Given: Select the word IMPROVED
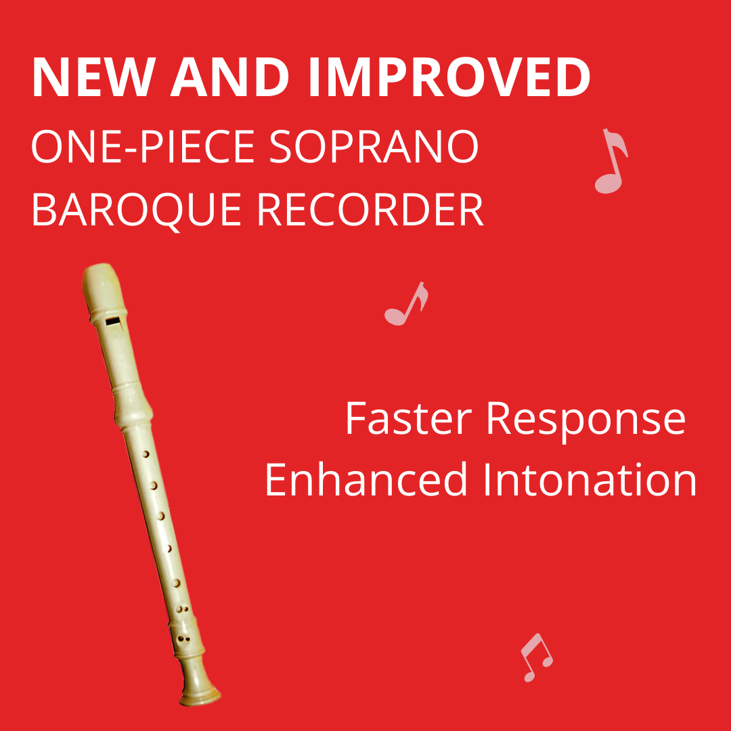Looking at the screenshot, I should click(x=449, y=79).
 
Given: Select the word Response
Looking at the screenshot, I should click(x=586, y=420).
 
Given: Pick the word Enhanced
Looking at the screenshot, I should click(x=366, y=479).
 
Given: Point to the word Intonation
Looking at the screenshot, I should click(x=588, y=479).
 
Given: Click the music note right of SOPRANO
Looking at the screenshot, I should click(x=611, y=162).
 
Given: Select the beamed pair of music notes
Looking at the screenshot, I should click(x=535, y=657).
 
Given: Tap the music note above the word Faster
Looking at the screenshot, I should click(x=405, y=304).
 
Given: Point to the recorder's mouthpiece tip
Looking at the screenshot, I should click(x=97, y=275).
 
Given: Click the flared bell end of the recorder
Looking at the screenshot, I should click(x=200, y=692).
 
